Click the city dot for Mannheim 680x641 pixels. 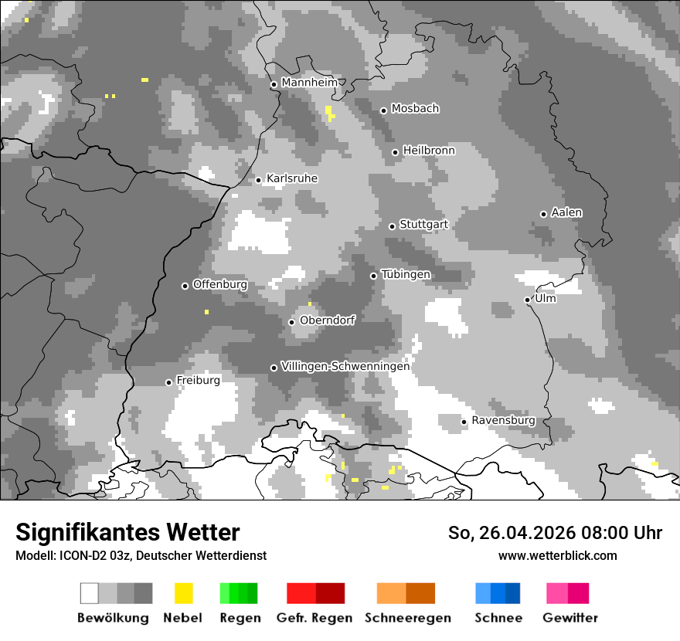tap(274, 85)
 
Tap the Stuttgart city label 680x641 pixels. tap(423, 225)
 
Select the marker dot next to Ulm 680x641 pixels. tap(527, 300)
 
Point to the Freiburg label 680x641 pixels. tap(198, 381)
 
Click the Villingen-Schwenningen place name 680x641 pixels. tap(345, 366)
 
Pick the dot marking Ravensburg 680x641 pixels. tap(464, 422)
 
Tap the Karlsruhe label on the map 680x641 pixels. tap(291, 178)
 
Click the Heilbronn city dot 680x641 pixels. tap(395, 152)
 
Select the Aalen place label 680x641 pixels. tap(566, 212)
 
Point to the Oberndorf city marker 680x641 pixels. tap(291, 322)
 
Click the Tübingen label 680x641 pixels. tap(406, 274)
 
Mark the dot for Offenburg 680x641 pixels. tap(185, 286)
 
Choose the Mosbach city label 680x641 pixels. tap(415, 109)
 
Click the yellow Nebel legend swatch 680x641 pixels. tap(183, 593)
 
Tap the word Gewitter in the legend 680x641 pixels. tap(570, 618)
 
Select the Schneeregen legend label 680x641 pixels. tap(408, 618)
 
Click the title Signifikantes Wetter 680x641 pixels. tap(127, 533)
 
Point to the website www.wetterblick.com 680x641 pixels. tap(557, 556)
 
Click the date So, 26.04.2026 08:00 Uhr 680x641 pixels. tap(555, 533)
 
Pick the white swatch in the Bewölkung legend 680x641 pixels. tap(90, 593)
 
